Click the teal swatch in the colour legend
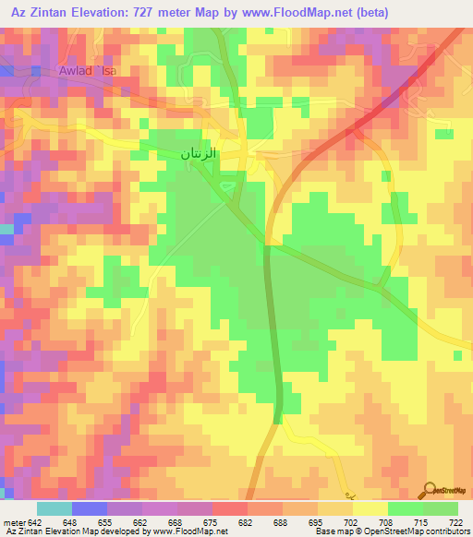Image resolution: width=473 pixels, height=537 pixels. coord(55,508)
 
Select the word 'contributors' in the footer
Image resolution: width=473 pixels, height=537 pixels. coord(446,531)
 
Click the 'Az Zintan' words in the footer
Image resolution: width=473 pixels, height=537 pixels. coord(27,531)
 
